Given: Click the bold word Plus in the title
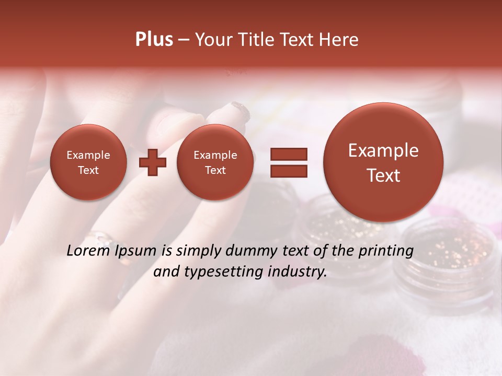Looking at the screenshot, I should click(154, 40).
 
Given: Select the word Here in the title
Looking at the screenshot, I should click(339, 40).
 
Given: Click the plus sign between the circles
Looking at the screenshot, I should click(153, 162).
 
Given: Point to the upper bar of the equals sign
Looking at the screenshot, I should click(288, 154).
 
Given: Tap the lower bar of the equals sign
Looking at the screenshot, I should click(288, 171).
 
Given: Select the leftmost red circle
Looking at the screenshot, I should click(88, 162).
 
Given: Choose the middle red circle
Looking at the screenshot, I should click(215, 162).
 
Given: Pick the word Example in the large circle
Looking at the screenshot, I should click(383, 150).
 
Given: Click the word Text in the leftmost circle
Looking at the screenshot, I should click(88, 170).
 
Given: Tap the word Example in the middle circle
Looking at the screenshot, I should click(215, 155).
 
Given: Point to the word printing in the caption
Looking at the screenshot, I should click(386, 251).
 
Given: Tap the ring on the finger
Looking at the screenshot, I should click(102, 239).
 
